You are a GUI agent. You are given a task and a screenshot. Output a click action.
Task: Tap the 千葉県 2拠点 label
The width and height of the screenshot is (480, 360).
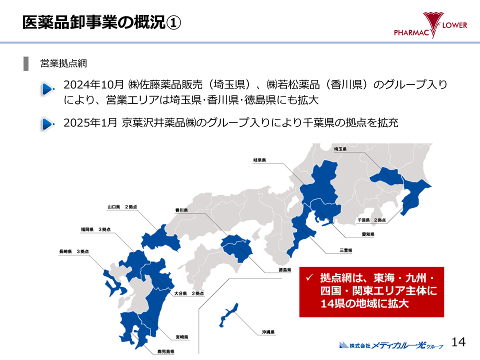[371, 220]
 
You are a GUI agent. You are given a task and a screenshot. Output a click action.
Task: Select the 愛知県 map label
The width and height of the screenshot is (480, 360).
[368, 233]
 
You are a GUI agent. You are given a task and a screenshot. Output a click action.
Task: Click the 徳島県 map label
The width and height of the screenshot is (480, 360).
[285, 270]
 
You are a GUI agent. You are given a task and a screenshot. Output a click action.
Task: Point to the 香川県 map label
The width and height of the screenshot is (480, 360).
[181, 210]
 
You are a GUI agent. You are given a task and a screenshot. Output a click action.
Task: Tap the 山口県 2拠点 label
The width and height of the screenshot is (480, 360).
[122, 206]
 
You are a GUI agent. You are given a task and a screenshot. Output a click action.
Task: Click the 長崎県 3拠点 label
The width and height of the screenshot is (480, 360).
[73, 251]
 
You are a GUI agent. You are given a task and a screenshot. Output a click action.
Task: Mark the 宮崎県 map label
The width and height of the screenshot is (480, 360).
[181, 337]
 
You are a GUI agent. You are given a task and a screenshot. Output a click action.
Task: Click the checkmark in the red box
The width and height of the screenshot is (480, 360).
[309, 276]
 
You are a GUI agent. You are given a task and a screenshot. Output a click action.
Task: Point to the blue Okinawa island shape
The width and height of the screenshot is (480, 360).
[228, 313]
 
